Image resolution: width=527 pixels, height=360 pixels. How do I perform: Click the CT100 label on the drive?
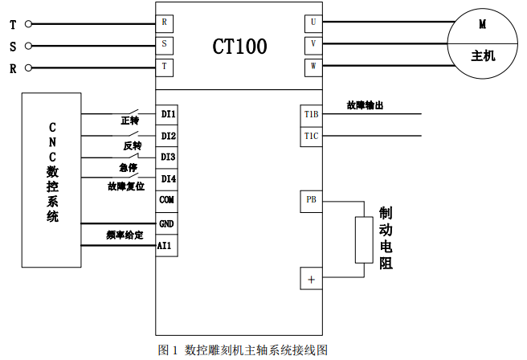(239, 46)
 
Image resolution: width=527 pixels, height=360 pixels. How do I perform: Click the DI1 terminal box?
(167, 114)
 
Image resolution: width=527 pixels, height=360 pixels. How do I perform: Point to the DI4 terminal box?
(167, 178)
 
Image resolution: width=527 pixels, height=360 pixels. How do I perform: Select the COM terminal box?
(166, 200)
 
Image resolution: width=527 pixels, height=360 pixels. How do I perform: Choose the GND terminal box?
(166, 223)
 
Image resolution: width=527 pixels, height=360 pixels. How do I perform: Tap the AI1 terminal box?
(166, 244)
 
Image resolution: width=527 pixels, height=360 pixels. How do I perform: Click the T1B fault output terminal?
(312, 115)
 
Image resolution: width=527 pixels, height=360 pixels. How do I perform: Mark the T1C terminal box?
(312, 137)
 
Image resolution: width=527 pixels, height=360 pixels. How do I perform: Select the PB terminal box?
(312, 200)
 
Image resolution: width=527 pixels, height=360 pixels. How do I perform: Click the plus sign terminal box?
(312, 279)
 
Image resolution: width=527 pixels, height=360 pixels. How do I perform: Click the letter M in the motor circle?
(483, 24)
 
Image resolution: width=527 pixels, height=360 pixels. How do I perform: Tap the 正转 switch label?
(129, 121)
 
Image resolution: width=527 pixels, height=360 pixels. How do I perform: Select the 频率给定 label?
(124, 235)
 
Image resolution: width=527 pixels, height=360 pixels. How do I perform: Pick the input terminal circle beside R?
(28, 67)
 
